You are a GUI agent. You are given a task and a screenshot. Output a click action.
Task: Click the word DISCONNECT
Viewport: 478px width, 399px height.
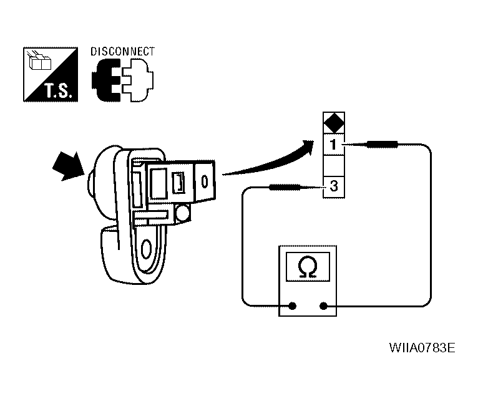(122, 51)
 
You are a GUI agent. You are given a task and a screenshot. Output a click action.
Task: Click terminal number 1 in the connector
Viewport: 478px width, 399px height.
(334, 146)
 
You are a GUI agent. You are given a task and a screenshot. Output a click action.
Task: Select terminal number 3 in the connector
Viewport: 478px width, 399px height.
(334, 185)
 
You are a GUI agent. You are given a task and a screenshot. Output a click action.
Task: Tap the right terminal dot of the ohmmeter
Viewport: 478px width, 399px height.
(324, 306)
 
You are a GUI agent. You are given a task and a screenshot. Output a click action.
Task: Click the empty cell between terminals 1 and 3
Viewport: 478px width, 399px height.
(334, 166)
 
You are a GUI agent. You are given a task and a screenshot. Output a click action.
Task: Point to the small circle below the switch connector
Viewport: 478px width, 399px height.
(183, 214)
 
